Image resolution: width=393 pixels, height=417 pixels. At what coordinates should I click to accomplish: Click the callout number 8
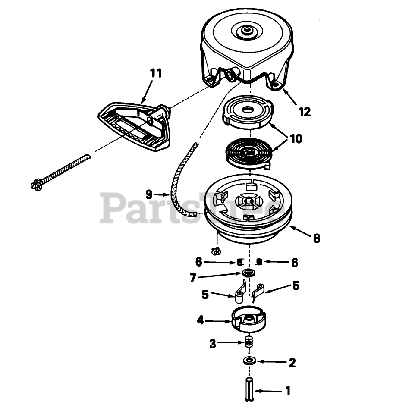[x=317, y=238]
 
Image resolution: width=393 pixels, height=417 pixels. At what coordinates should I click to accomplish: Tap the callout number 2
[x=292, y=363]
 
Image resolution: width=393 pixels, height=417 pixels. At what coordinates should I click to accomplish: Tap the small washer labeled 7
[x=248, y=273]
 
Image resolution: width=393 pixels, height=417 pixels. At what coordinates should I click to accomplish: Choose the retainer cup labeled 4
[x=250, y=321]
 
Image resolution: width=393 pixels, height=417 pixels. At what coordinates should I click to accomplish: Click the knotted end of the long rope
[x=36, y=184]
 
